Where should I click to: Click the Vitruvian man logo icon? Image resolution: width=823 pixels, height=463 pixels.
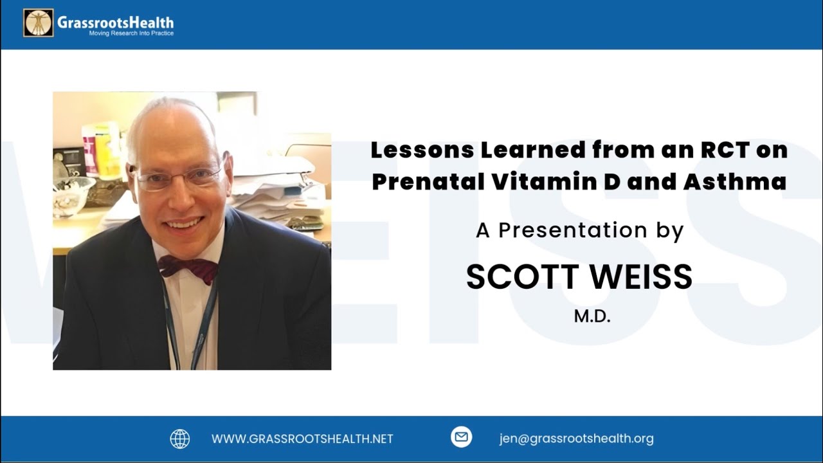click(39, 23)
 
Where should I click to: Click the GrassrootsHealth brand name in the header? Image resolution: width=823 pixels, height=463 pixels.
click(115, 23)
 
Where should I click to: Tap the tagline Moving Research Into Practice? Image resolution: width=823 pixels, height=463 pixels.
click(131, 33)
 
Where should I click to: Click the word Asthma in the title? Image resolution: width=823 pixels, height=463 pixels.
click(735, 181)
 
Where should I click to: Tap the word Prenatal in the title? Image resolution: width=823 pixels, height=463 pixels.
click(428, 181)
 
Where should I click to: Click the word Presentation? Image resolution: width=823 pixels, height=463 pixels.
click(573, 230)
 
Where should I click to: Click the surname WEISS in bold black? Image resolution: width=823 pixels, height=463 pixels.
click(641, 277)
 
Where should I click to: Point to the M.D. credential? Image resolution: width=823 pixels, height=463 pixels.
click(592, 316)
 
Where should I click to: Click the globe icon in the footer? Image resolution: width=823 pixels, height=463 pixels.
click(179, 439)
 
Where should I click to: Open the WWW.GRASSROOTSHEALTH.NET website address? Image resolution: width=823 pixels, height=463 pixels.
click(302, 439)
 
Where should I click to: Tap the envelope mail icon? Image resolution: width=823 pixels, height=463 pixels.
click(461, 437)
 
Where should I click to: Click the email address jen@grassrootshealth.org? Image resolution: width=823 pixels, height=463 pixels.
click(577, 439)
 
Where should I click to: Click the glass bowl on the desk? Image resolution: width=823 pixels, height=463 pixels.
click(73, 195)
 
